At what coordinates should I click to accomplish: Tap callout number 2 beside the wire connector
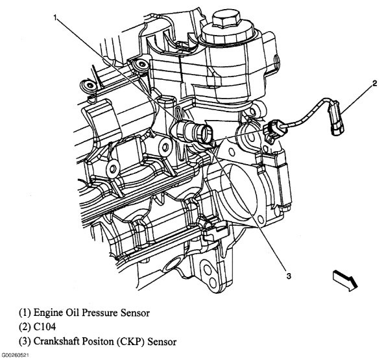[x=356, y=84]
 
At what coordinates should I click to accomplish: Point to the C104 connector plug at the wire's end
[x=336, y=123]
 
